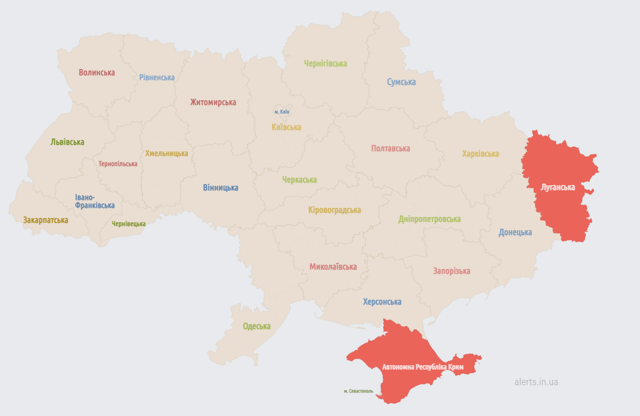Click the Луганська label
[x=558, y=187]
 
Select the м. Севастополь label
[x=359, y=392]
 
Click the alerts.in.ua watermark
[x=536, y=382]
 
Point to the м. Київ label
[x=281, y=112]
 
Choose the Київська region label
[x=286, y=127]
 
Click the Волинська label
[x=97, y=73]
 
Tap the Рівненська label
[x=157, y=77]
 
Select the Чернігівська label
[x=326, y=64]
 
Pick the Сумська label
[x=401, y=82]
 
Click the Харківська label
[x=480, y=154]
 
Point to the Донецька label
[x=515, y=232]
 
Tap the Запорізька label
[x=451, y=271]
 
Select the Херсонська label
[x=382, y=302]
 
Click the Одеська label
[x=257, y=326]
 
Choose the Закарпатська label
[x=46, y=220]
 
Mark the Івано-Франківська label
[x=95, y=202]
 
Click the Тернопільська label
[x=118, y=164]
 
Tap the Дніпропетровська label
[x=429, y=219]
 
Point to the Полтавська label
[x=390, y=149]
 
